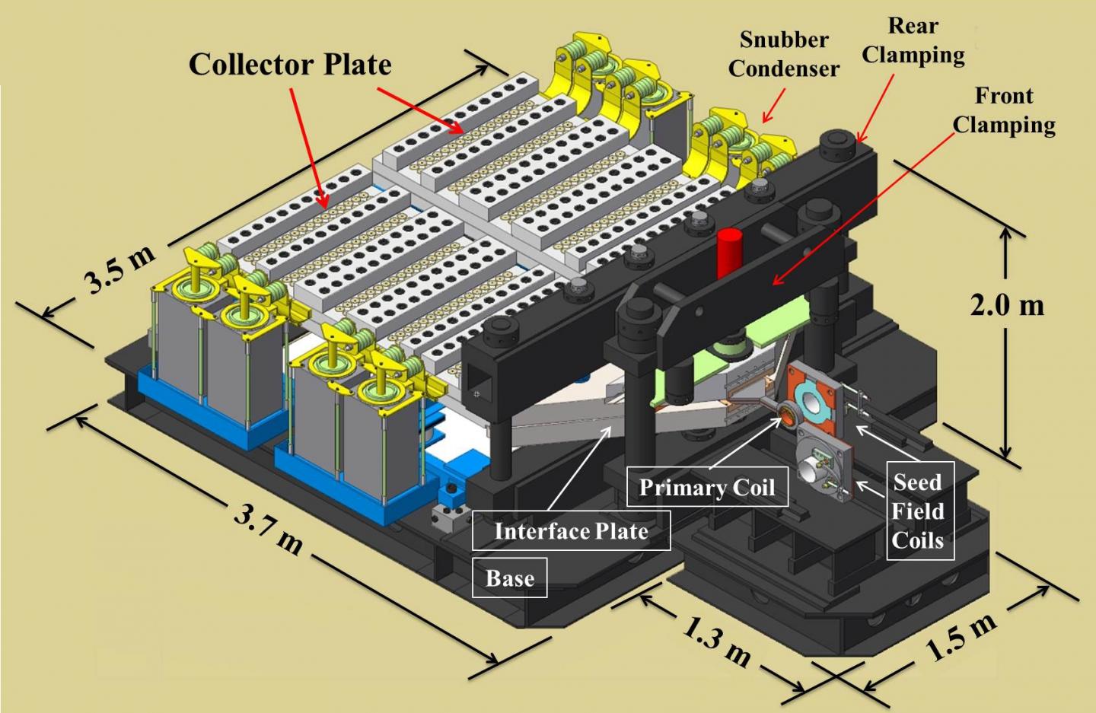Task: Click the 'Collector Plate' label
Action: [x=290, y=65]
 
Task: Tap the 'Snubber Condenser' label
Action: [x=783, y=54]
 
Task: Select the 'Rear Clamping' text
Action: [x=913, y=40]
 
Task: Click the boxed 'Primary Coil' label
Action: [x=706, y=487]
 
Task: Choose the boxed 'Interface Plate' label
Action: [x=571, y=530]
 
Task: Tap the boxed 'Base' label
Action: [x=510, y=578]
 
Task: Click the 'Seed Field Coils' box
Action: [x=919, y=511]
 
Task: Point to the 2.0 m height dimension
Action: [x=1006, y=305]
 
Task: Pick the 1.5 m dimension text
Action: [x=961, y=637]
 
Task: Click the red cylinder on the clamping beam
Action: [x=729, y=253]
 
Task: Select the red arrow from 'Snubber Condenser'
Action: [x=774, y=106]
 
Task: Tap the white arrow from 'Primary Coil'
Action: [x=746, y=441]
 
